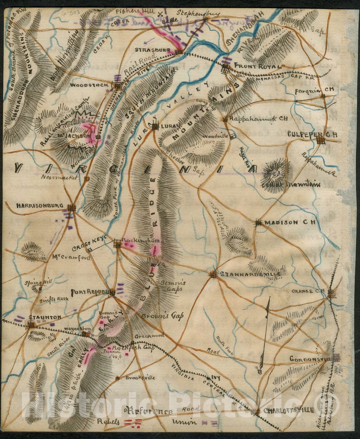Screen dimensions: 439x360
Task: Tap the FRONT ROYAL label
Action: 257,66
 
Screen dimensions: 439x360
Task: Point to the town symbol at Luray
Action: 155,127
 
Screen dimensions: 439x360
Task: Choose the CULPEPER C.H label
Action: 312,134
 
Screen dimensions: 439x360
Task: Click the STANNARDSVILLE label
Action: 250,274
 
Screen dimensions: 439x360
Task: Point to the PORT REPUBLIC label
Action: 90,292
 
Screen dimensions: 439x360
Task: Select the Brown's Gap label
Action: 162,315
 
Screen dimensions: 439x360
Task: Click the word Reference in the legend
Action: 150,411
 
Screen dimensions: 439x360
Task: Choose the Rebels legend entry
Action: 108,421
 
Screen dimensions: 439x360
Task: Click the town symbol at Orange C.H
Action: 331,293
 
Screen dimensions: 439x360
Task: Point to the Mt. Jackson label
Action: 75,136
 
